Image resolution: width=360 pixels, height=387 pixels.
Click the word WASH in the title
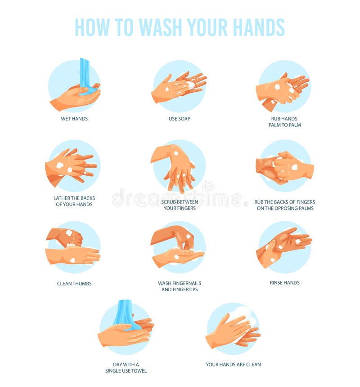pos(161,27)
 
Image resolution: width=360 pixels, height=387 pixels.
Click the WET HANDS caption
pos(74,119)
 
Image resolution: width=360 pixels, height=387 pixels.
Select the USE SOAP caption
pos(180,119)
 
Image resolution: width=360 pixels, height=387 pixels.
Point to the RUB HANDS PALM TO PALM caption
pos(285,122)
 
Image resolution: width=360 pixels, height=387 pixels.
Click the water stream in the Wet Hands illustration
pos(85,74)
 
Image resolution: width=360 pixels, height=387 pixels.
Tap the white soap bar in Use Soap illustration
pos(191,85)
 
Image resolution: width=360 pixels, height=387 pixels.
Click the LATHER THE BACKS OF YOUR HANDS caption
pos(74,201)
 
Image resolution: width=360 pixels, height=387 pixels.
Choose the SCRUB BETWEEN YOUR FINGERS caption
pos(180,205)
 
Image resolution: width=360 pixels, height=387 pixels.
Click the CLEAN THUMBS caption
pos(74,284)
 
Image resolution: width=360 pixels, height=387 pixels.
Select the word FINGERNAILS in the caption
pos(187,283)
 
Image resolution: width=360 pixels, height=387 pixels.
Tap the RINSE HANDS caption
pos(285,283)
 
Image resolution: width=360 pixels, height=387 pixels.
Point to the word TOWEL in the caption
pos(139,371)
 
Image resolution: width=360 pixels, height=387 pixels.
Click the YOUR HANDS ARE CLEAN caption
pos(233,365)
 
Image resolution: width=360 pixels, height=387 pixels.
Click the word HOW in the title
pos(92,27)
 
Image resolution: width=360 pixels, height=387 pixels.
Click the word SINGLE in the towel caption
pos(113,371)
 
